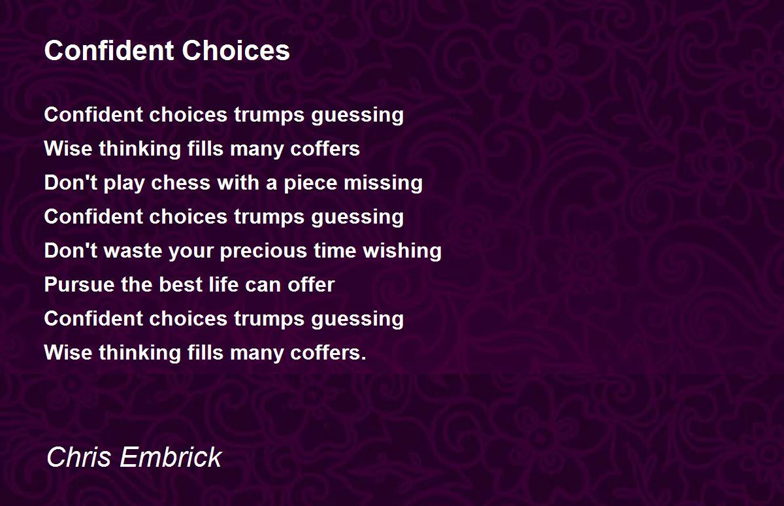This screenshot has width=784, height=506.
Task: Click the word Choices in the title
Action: (x=236, y=50)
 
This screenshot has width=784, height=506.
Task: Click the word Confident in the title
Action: (x=109, y=50)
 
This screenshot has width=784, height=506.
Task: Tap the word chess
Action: (x=180, y=183)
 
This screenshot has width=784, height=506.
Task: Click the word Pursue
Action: (x=79, y=284)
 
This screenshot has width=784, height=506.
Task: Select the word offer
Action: (x=311, y=284)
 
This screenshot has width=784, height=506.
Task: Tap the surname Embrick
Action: (x=171, y=457)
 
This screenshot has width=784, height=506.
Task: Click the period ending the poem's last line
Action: (x=363, y=358)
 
